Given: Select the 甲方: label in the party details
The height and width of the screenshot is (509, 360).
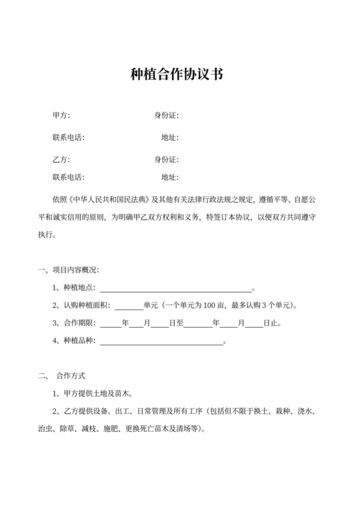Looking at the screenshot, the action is click(61, 116).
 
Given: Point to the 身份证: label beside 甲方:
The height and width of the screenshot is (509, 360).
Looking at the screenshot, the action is click(166, 116).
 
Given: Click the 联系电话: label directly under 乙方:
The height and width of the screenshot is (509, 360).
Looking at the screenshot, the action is click(68, 177).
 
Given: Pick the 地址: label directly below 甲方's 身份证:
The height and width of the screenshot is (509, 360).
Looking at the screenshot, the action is click(170, 138).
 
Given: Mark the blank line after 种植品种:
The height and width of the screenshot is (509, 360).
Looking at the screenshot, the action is click(160, 341).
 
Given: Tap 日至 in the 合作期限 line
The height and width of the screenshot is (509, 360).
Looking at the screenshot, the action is click(176, 323).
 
